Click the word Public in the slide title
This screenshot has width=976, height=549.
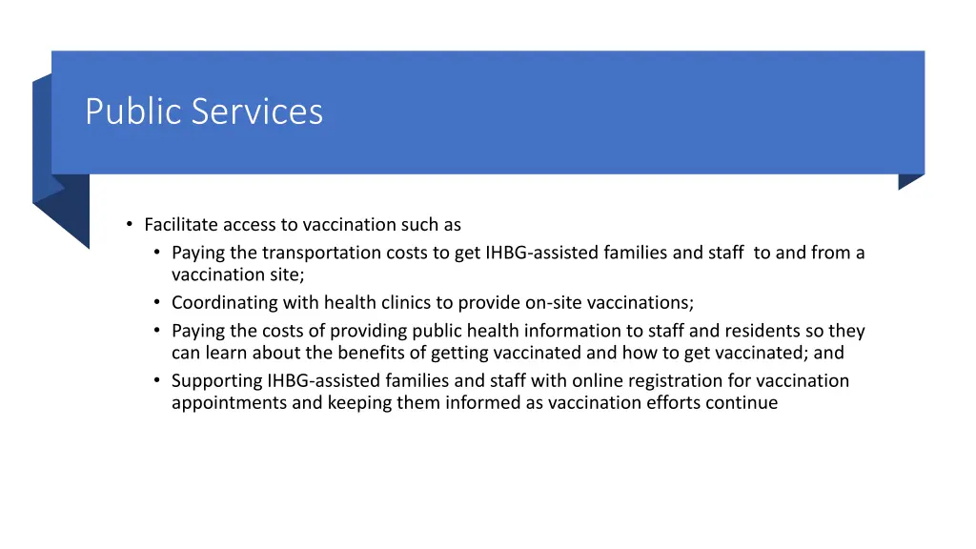[x=134, y=112]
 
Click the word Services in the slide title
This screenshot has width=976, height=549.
[x=257, y=112]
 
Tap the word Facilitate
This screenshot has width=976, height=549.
[x=181, y=225]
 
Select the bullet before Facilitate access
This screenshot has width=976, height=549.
[x=129, y=225]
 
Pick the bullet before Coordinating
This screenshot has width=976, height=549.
[x=156, y=303]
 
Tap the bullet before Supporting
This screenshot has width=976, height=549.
[x=156, y=380]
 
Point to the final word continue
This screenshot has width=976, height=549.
[x=744, y=402]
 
